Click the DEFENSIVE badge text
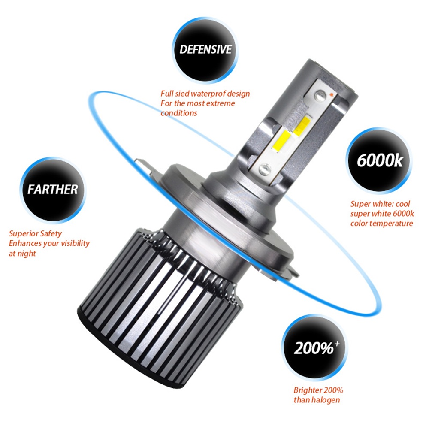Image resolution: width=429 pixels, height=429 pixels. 205,49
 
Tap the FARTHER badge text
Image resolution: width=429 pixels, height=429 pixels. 52,190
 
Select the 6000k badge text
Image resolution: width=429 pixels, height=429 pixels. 380,160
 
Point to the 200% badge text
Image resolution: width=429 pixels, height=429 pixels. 314,348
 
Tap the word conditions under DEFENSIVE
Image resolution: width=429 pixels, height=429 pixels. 178,113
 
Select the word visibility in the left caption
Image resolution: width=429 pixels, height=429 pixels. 75,243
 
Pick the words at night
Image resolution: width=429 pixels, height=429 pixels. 22,254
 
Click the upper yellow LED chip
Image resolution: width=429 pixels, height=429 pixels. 302,126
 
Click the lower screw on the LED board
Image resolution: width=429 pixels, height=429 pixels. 265,169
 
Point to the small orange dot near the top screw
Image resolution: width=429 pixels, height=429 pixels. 331,94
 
